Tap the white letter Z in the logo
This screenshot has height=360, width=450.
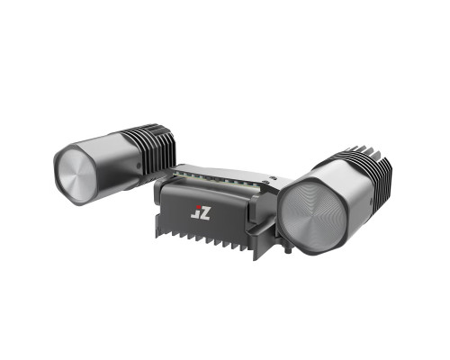[x=205, y=213]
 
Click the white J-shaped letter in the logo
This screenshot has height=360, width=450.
[x=195, y=214]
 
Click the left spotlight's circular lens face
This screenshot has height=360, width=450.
[x=76, y=174]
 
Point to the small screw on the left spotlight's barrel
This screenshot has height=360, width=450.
[x=139, y=165]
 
